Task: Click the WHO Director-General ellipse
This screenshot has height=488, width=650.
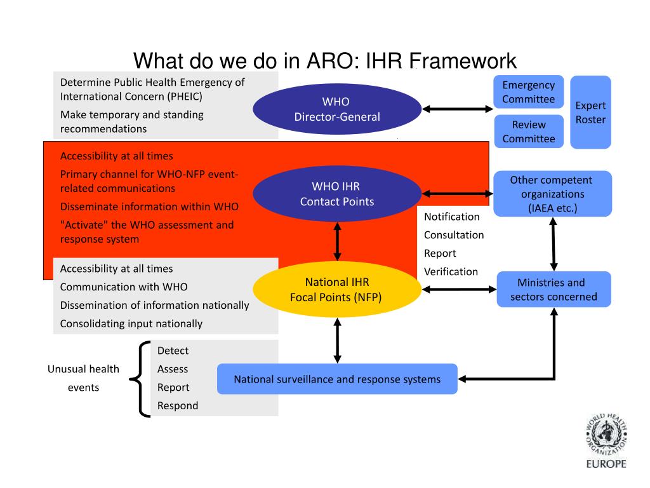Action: pyautogui.click(x=336, y=109)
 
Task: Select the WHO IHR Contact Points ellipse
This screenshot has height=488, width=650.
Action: pyautogui.click(x=336, y=194)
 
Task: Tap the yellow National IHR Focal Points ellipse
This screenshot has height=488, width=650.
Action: pyautogui.click(x=336, y=289)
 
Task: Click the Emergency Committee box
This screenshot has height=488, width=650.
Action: pyautogui.click(x=528, y=92)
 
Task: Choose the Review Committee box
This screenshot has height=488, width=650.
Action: pyautogui.click(x=528, y=132)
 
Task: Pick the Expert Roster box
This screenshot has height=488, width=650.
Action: pyautogui.click(x=590, y=112)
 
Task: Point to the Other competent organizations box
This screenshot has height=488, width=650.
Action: pyautogui.click(x=552, y=194)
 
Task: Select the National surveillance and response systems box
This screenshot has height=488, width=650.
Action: pyautogui.click(x=337, y=379)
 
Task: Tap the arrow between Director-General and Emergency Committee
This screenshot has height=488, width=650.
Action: pyautogui.click(x=457, y=109)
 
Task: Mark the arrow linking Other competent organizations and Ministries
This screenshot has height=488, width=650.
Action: pyautogui.click(x=554, y=243)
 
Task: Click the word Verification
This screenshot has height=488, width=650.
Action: pyautogui.click(x=451, y=272)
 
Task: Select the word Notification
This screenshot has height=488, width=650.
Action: pyautogui.click(x=451, y=217)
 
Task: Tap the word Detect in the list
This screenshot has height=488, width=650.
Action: pyautogui.click(x=173, y=351)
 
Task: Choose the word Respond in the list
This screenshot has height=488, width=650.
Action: pyautogui.click(x=178, y=406)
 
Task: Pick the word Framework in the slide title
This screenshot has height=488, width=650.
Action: pyautogui.click(x=463, y=61)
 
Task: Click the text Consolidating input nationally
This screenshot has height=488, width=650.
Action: pyautogui.click(x=131, y=323)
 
